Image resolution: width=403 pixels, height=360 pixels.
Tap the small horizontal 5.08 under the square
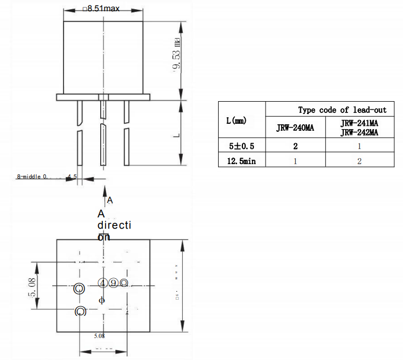[99, 335]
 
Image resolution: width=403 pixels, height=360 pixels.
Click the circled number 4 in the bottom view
[102, 283]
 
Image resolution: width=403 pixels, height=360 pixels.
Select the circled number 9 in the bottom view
[113, 283]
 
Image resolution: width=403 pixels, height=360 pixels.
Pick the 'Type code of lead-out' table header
[342, 110]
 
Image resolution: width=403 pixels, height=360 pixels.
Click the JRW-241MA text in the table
[359, 123]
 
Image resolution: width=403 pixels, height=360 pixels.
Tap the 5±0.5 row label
[241, 145]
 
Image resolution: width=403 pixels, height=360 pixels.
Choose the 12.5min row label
[241, 161]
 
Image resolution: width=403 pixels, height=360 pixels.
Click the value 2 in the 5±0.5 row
[295, 145]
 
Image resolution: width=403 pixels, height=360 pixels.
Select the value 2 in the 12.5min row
[359, 161]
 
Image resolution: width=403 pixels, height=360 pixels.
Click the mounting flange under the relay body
[103, 97]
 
